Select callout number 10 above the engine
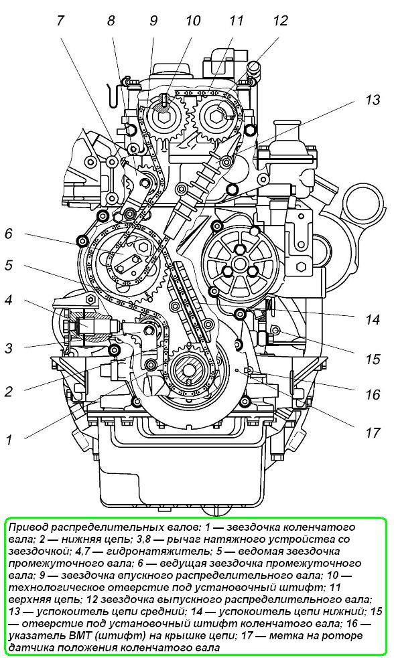point(193,21)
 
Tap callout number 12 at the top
point(280,21)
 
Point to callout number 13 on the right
point(372,100)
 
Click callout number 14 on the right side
point(372,320)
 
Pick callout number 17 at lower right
point(372,432)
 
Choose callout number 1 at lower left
point(9,440)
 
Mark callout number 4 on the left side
point(9,300)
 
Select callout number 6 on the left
point(9,234)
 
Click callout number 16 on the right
point(372,394)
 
